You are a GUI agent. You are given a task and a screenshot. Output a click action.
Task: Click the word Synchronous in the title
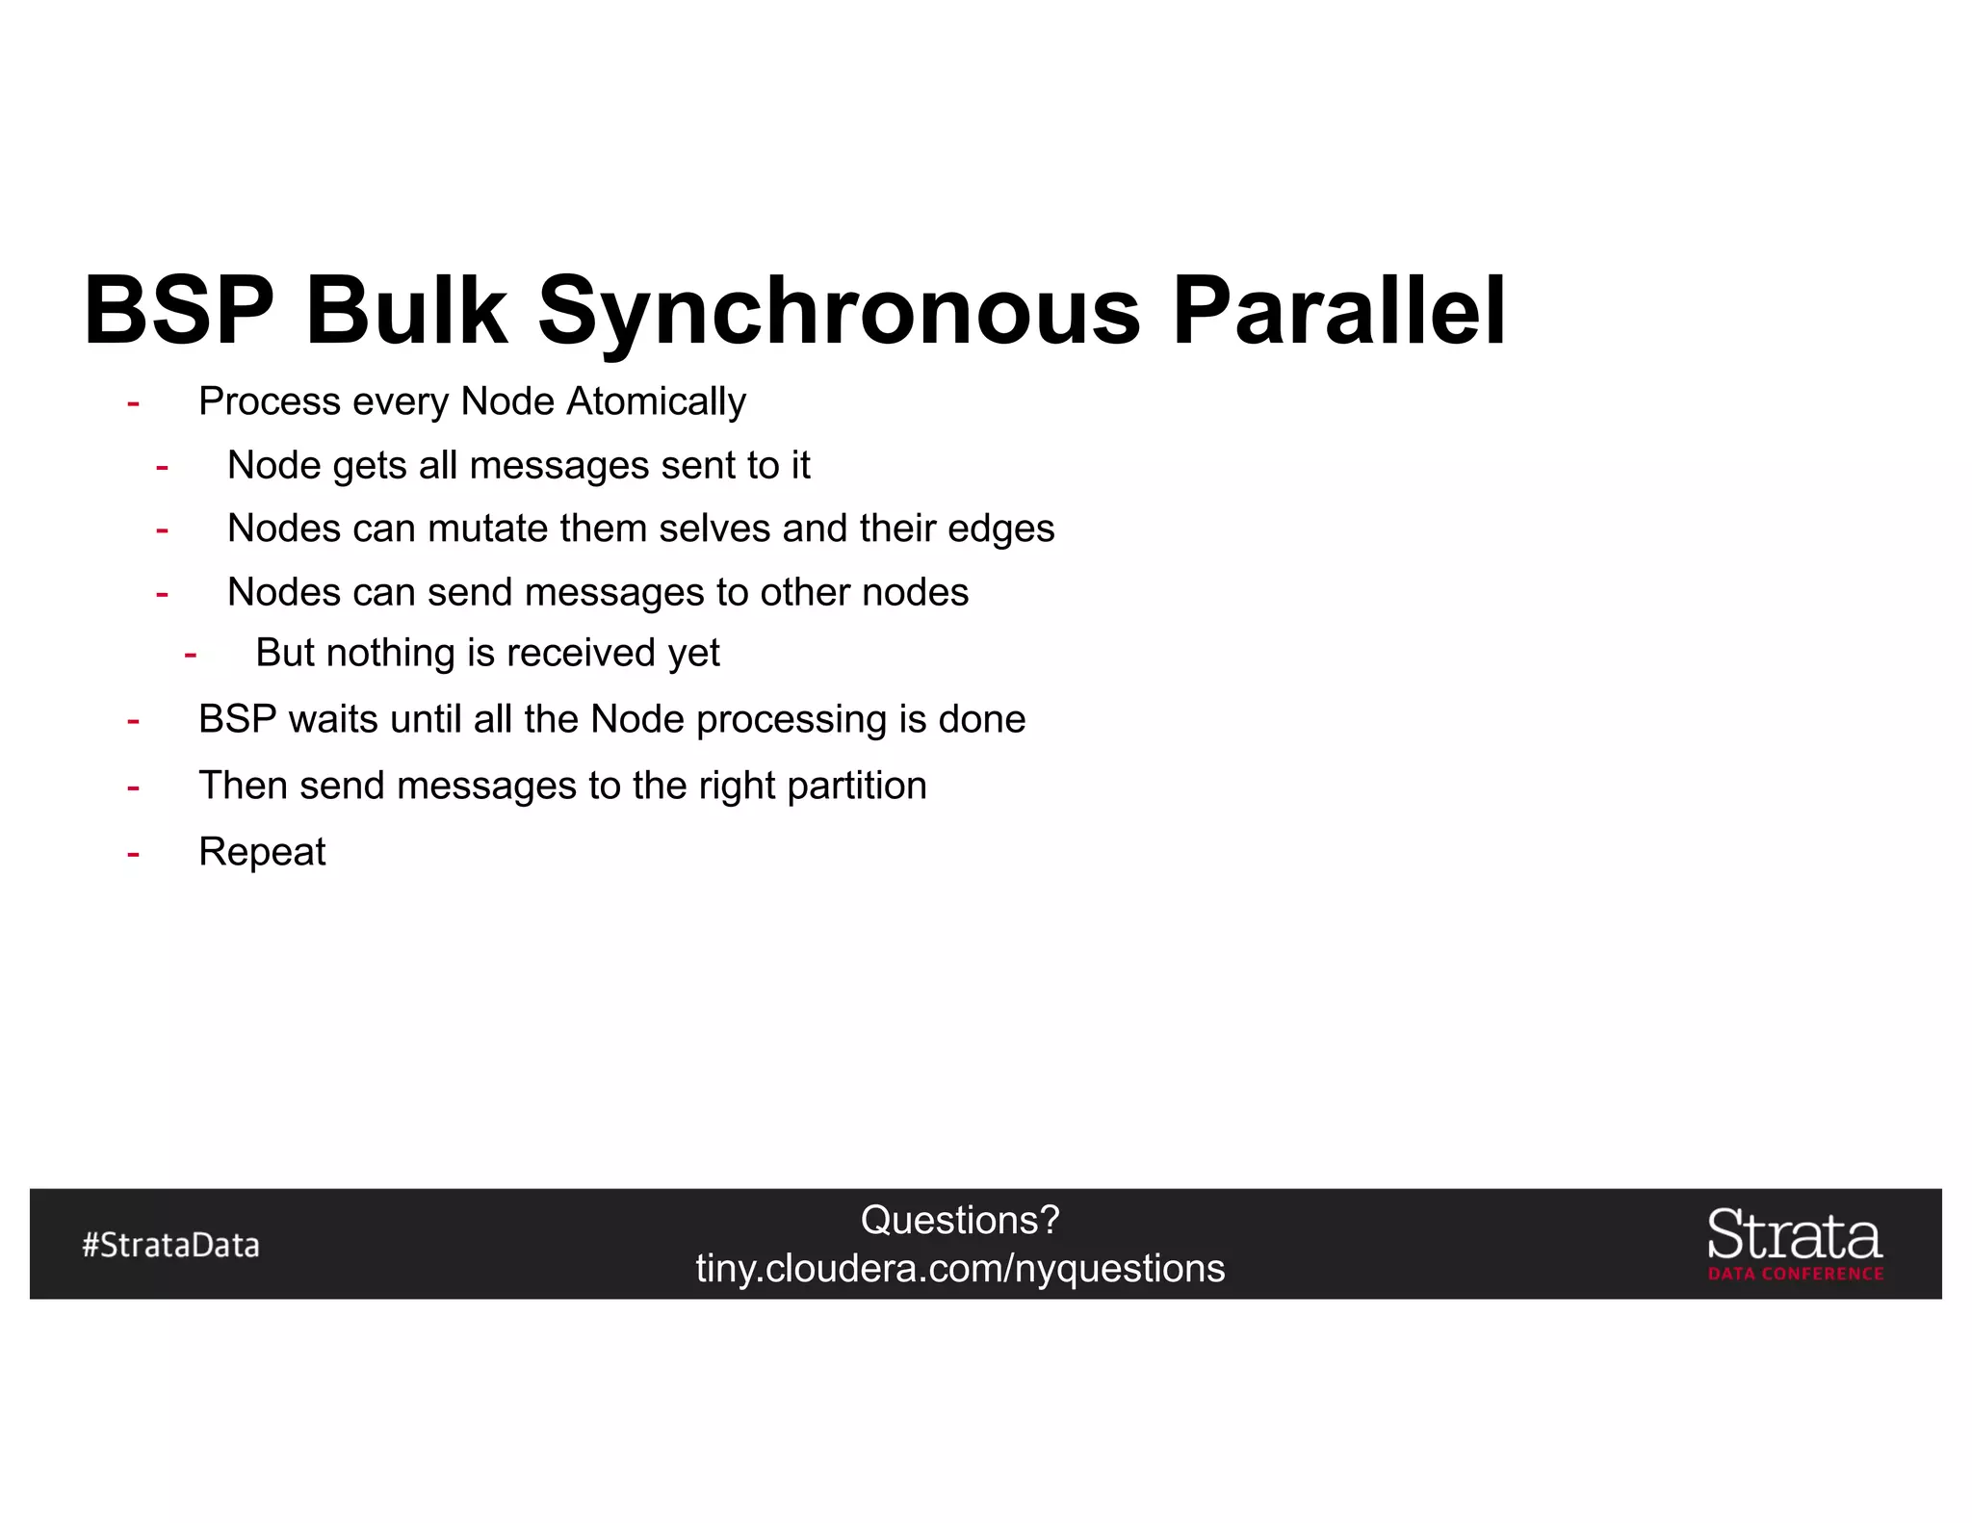point(838,312)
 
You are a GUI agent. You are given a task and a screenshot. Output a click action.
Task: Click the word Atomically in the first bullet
point(656,401)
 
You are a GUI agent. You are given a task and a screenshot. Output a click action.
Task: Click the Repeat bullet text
point(262,852)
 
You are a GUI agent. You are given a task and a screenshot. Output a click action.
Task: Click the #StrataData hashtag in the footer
point(170,1245)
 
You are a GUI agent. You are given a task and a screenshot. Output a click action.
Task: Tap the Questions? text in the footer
point(959,1221)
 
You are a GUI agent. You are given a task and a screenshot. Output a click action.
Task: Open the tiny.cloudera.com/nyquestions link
point(960,1269)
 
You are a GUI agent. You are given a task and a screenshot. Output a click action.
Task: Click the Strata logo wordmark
point(1794,1235)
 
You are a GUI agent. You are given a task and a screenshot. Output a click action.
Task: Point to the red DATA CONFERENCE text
point(1796,1274)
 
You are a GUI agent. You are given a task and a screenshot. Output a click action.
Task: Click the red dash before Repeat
point(133,853)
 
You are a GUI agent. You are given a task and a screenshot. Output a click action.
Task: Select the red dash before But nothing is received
point(191,655)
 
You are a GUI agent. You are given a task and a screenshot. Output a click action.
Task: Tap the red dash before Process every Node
point(133,402)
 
